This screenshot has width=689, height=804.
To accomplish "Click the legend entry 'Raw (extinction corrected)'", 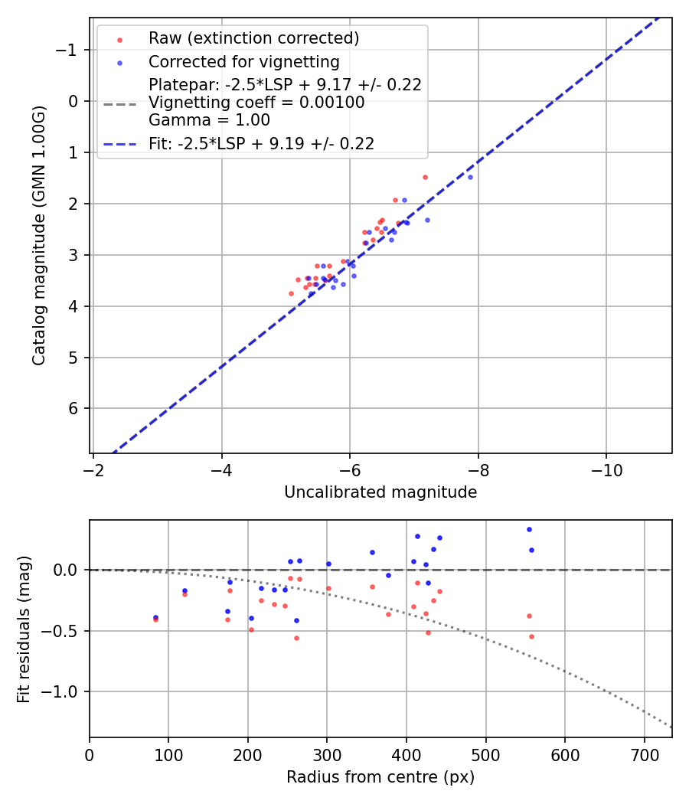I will (x=253, y=38).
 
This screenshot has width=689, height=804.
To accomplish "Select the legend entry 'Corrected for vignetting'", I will (x=243, y=61).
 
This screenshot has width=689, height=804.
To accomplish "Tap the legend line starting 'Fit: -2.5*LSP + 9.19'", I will (x=261, y=144).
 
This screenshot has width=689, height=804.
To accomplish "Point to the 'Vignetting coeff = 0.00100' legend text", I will (x=256, y=103).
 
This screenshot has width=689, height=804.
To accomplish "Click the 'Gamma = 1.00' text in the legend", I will (x=209, y=120).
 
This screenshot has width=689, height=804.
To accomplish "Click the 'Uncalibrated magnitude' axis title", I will (x=380, y=492).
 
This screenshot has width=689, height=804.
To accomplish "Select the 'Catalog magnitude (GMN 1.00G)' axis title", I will (x=40, y=235).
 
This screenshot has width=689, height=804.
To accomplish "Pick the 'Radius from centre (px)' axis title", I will (x=380, y=777).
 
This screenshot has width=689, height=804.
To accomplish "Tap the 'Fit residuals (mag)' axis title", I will (x=24, y=629).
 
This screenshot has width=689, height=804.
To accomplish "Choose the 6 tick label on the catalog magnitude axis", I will (x=73, y=408).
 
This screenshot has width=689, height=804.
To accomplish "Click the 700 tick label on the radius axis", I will (x=644, y=753).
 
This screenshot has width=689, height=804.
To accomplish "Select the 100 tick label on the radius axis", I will (x=168, y=753).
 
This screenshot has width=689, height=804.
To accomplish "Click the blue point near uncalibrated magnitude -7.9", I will (x=470, y=177).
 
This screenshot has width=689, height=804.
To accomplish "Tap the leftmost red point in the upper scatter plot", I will (x=291, y=293).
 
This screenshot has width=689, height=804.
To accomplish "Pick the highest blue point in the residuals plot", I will (x=529, y=529).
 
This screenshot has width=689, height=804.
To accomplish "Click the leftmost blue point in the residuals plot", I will (x=155, y=617).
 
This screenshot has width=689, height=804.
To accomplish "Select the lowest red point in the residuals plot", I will (x=296, y=638).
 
